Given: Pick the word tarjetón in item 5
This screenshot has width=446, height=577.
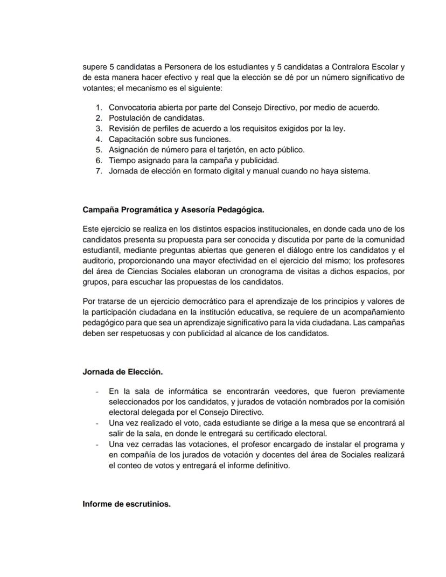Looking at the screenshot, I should click(236, 149).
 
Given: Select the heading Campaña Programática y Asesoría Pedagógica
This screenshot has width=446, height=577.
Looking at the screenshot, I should click(173, 208).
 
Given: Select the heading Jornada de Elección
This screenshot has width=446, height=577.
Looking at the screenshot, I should click(123, 372).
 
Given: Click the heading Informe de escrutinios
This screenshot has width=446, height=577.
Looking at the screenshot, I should click(127, 504).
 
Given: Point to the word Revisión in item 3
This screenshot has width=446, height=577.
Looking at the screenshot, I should click(126, 128).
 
